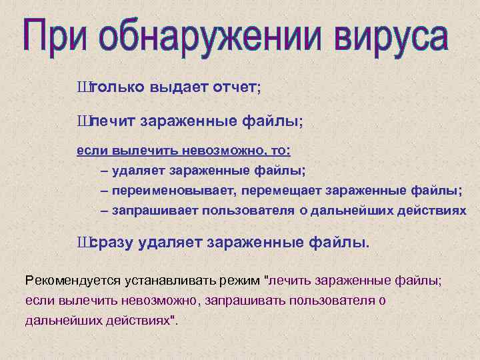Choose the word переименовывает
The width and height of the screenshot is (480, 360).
[x=173, y=191]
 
